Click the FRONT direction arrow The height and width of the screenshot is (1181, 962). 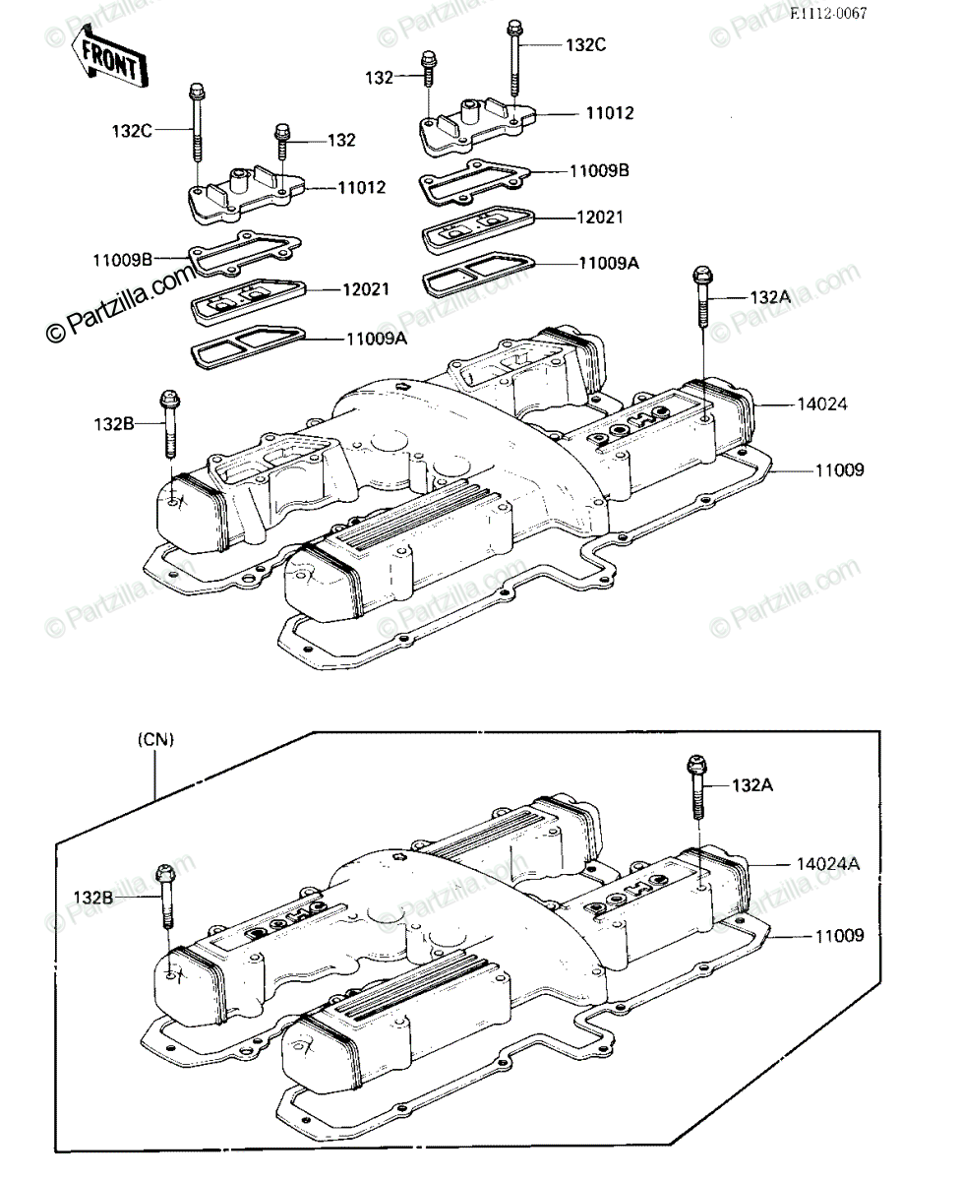pyautogui.click(x=108, y=58)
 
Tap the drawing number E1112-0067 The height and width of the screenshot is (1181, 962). pyautogui.click(x=828, y=14)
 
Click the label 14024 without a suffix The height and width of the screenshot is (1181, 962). pyautogui.click(x=822, y=404)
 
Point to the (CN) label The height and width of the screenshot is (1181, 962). pyautogui.click(x=155, y=739)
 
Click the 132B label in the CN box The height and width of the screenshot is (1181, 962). pyautogui.click(x=93, y=897)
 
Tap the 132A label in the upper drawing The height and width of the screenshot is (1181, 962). pyautogui.click(x=771, y=297)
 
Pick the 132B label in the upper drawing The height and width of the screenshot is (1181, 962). pyautogui.click(x=113, y=423)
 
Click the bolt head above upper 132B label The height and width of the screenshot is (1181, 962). pyautogui.click(x=169, y=398)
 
